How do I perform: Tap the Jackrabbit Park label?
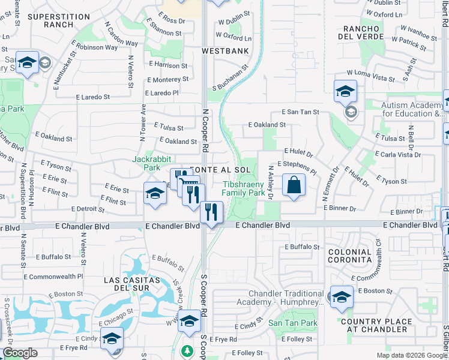152,163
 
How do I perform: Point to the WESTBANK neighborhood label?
225,52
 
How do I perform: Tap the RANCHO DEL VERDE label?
362,32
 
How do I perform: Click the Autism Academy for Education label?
414,109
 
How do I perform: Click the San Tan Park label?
292,323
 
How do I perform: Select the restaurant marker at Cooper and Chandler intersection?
211,213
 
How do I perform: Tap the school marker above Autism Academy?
345,92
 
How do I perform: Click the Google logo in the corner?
20,353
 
